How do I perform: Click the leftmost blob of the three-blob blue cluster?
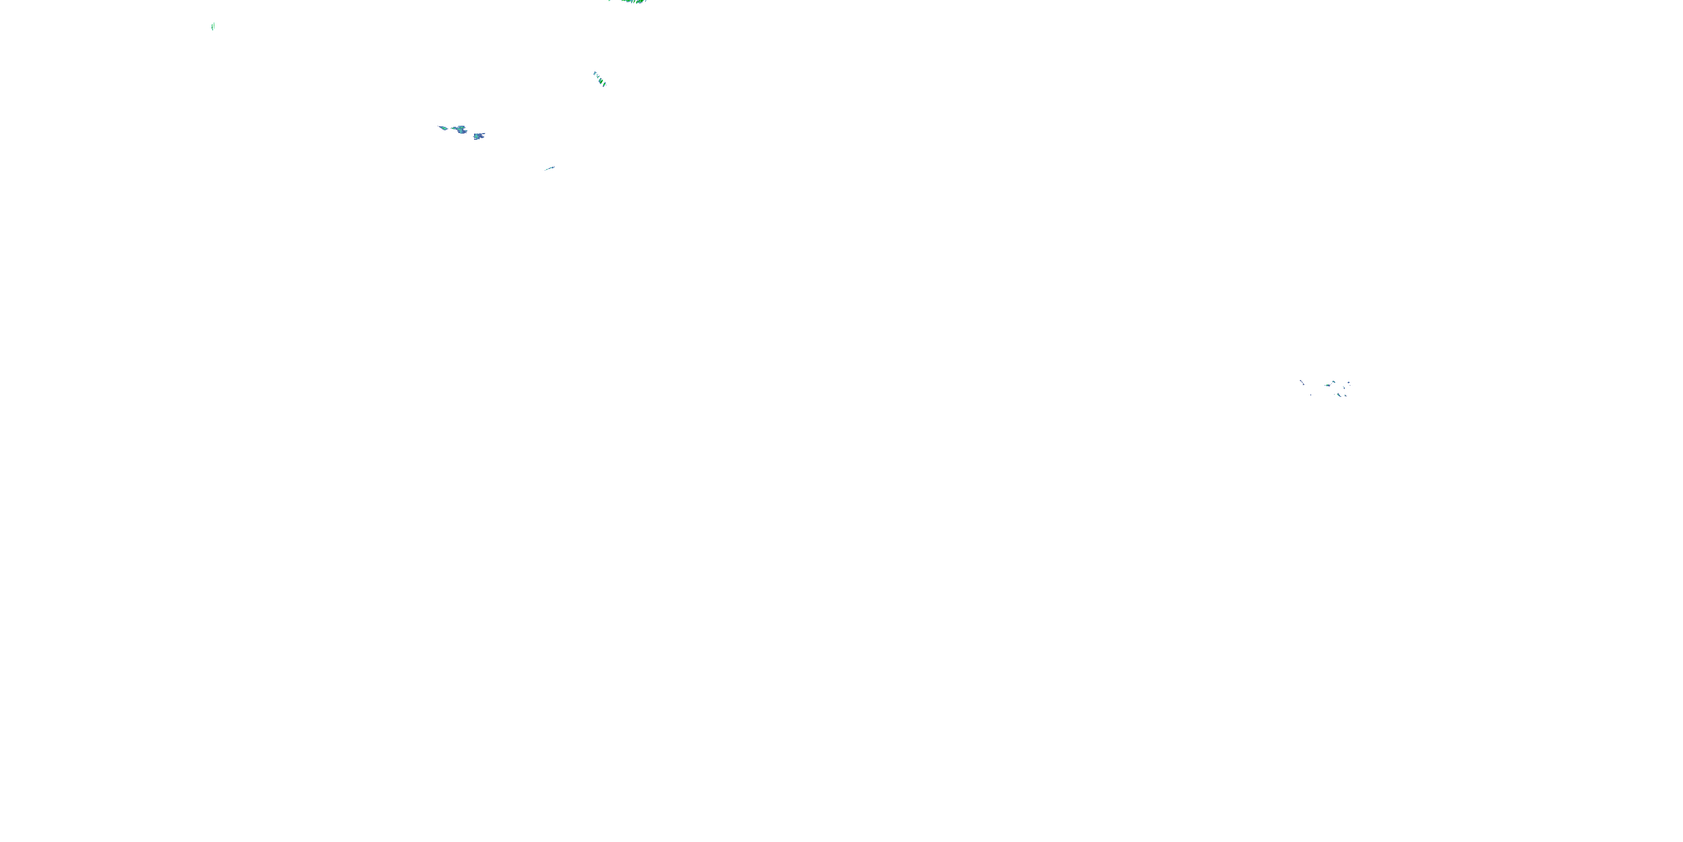444,128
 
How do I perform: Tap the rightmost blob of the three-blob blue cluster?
478,136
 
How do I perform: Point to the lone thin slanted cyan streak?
550,168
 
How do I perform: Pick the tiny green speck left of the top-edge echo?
610,1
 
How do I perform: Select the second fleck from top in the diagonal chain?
598,76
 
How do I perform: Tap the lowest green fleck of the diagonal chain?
604,84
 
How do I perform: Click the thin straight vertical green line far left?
214,25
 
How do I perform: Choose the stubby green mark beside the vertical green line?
212,28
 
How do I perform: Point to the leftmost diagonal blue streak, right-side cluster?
1302,382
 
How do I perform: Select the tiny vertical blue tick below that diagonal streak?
1310,395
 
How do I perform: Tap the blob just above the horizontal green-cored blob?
1333,382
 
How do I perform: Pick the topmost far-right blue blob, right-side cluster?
1349,382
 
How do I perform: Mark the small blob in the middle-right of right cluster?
1344,388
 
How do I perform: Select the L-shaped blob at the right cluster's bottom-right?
1345,396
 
